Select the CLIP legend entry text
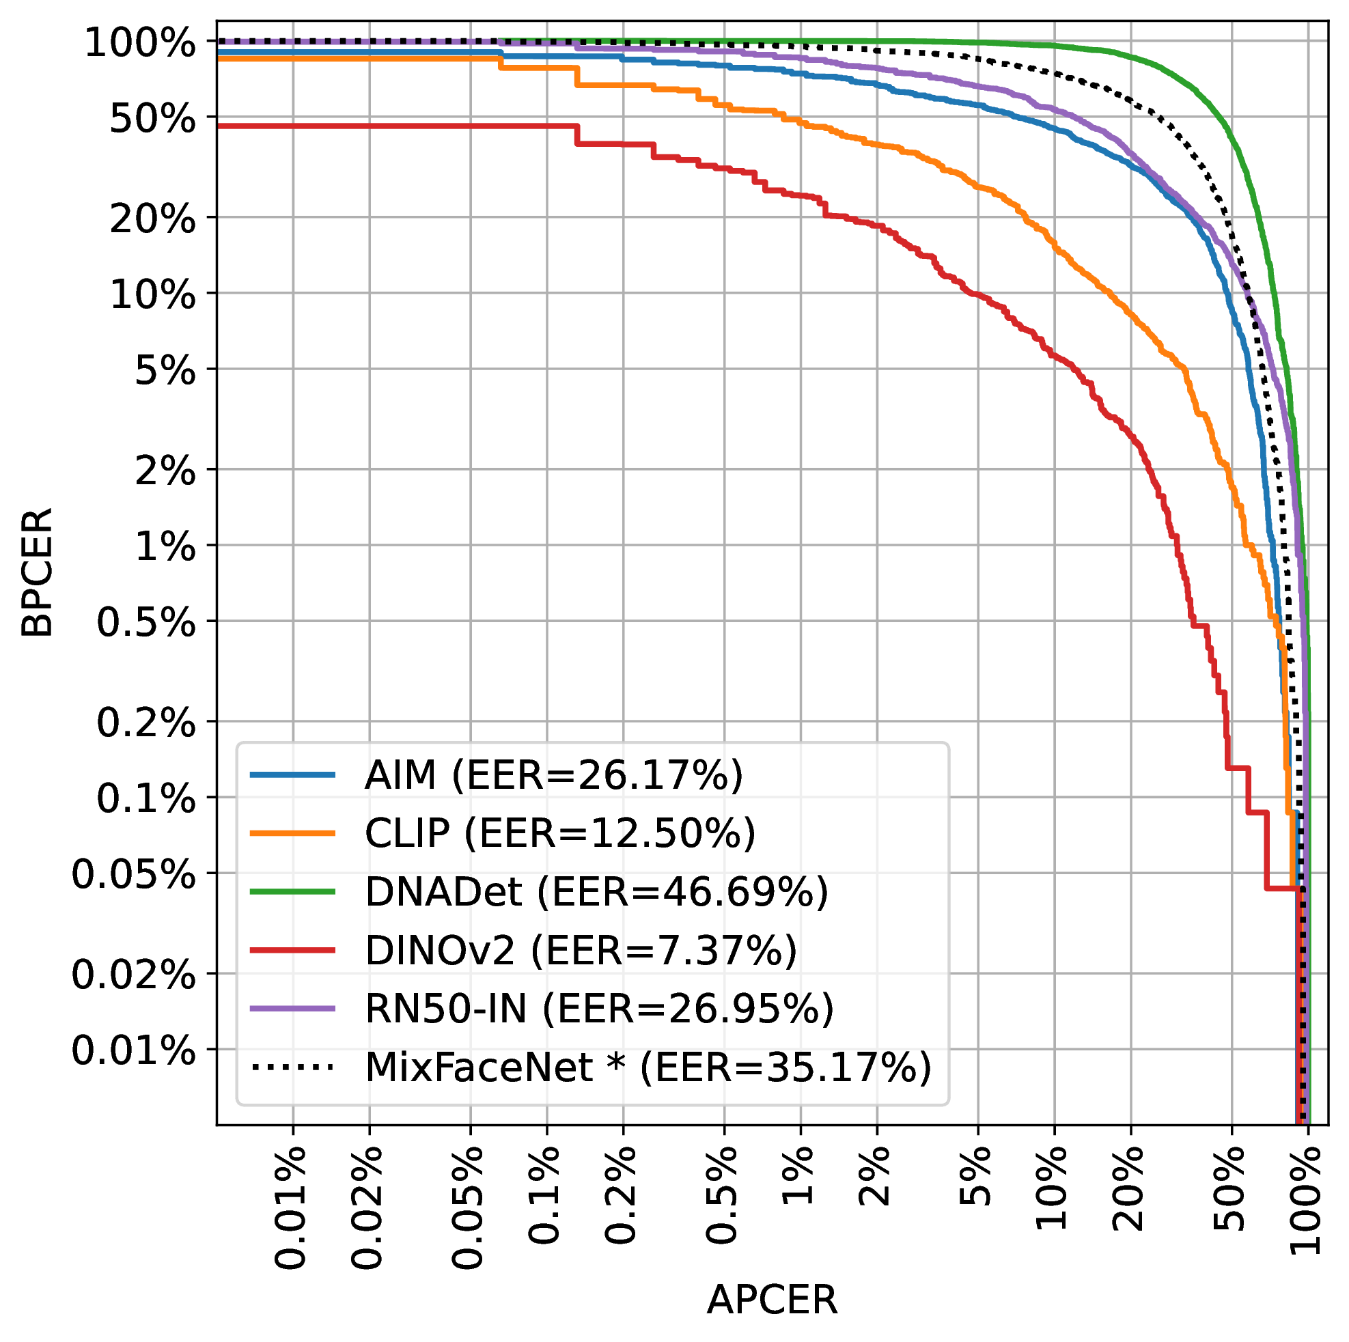559,833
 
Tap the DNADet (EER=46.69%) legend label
596,892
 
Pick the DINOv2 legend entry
580,949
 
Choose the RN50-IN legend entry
599,1008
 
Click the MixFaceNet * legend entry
648,1067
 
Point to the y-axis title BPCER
36,572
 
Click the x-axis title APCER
772,1300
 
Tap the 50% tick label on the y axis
153,120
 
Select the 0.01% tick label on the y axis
133,1050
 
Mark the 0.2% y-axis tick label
146,723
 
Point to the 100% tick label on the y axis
140,44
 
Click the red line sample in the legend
292,949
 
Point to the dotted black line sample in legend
292,1067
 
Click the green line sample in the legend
292,892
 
